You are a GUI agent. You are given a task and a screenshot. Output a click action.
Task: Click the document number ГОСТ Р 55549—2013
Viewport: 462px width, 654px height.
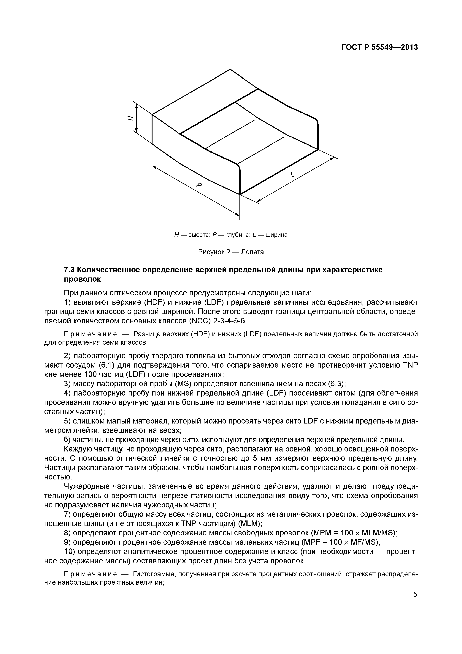click(380, 47)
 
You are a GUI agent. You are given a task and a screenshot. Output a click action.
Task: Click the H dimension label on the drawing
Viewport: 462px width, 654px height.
click(130, 118)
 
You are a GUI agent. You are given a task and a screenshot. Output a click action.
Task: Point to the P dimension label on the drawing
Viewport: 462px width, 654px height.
click(199, 185)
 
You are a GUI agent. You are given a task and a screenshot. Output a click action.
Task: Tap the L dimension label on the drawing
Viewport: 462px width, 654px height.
click(292, 175)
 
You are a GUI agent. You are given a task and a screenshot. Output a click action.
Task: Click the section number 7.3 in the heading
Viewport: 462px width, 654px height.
click(69, 269)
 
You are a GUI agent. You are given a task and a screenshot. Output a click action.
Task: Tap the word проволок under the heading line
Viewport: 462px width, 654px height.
click(82, 279)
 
